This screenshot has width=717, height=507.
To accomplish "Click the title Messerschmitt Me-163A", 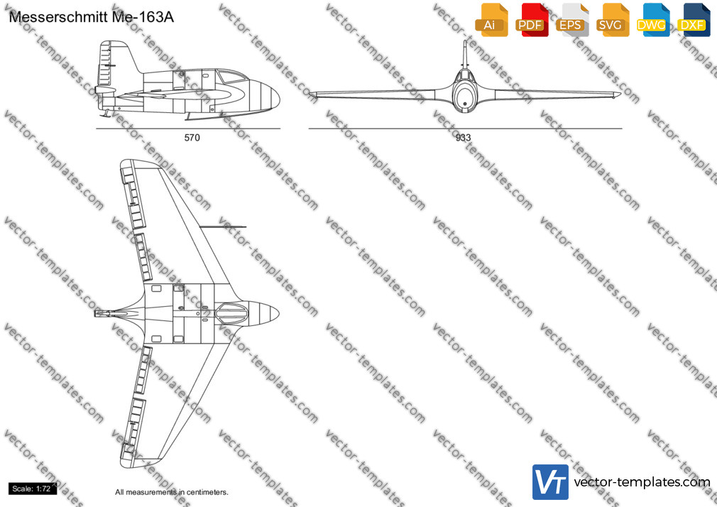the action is (x=91, y=17).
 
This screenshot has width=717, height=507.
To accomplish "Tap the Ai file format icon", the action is (x=491, y=20).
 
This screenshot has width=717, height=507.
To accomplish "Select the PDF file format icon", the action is (x=532, y=20).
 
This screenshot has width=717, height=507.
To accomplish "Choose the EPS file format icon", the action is (x=572, y=20).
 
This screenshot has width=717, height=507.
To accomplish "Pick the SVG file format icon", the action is (x=612, y=20).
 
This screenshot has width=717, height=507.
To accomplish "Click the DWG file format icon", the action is (x=653, y=20).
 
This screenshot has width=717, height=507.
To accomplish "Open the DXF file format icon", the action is (x=694, y=20).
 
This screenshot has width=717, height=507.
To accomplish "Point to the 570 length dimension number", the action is (x=192, y=137).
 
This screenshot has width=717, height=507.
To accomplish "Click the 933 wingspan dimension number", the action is (x=463, y=137).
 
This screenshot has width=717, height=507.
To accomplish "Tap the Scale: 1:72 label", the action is (x=32, y=489).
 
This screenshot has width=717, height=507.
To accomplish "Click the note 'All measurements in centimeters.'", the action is (x=172, y=492).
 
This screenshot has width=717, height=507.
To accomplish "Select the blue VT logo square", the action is (x=551, y=482).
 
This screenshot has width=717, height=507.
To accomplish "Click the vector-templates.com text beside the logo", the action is (x=642, y=482).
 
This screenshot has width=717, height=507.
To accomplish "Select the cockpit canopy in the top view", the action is (x=231, y=313).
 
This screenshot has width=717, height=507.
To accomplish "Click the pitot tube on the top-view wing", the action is (x=222, y=227).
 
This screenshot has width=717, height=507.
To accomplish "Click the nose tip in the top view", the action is (x=279, y=313).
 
